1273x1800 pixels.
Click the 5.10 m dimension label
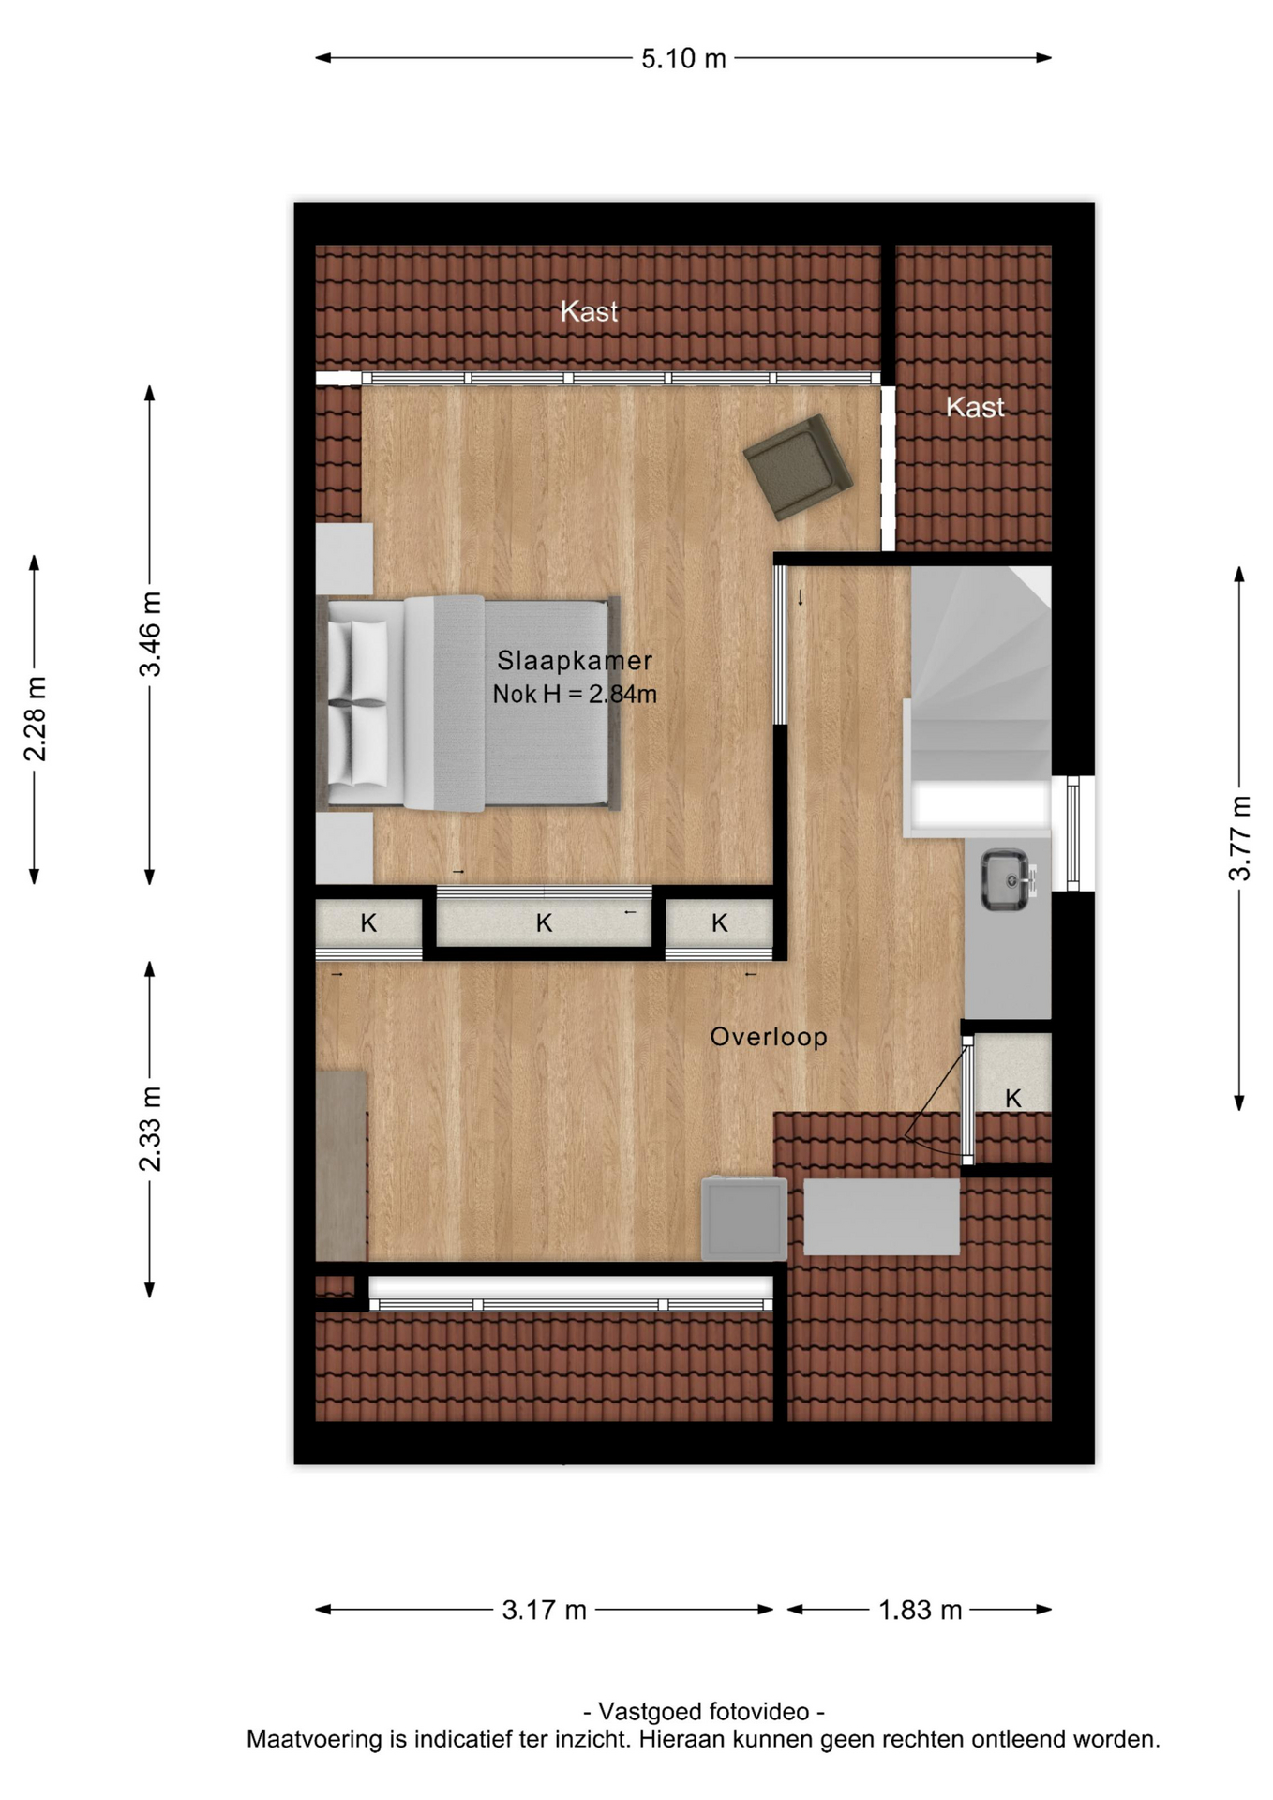point(683,59)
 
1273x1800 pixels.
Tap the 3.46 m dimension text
point(151,634)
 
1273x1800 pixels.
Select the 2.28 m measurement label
point(36,719)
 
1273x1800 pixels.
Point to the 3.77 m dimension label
point(1239,838)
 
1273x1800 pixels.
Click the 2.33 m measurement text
point(151,1129)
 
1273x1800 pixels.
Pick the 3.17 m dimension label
point(544,1611)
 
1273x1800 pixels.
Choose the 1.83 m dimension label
point(920,1611)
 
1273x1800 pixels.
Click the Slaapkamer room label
point(575,661)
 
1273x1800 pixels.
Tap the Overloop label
point(769,1037)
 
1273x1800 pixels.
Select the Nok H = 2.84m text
point(575,695)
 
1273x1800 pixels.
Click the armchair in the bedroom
point(798,466)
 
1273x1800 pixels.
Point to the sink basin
point(1005,879)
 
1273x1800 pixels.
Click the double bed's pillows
point(358,703)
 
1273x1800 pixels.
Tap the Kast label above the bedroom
point(589,311)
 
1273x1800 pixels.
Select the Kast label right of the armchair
point(975,407)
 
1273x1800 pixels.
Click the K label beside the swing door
point(1013,1099)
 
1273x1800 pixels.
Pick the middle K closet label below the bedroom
point(544,923)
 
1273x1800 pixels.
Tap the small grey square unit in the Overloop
point(744,1218)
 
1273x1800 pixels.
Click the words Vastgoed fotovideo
point(703,1712)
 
